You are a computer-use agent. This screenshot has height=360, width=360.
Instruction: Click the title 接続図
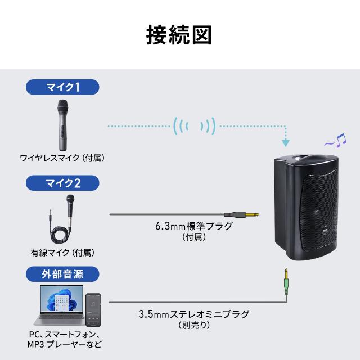coord(179,35)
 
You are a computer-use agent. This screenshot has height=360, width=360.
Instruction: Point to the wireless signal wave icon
coord(195,125)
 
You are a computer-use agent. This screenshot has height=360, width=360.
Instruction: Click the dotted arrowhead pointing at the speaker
coord(287,141)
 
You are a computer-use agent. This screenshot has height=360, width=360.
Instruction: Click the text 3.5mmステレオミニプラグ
coord(193,314)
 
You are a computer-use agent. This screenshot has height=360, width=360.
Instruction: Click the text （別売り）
coord(193,325)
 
